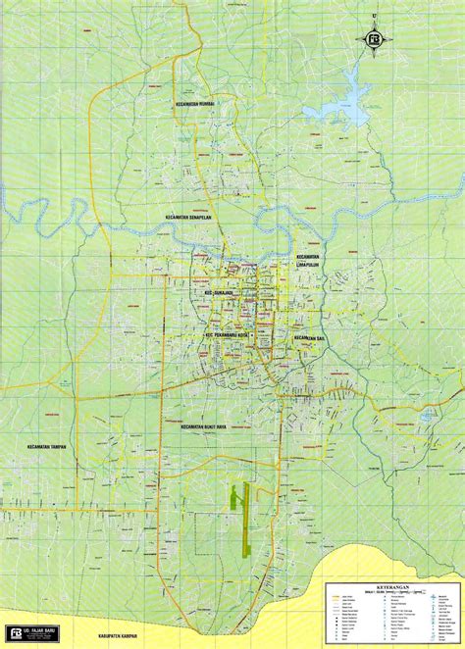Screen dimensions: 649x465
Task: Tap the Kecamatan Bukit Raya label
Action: click(x=210, y=427)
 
